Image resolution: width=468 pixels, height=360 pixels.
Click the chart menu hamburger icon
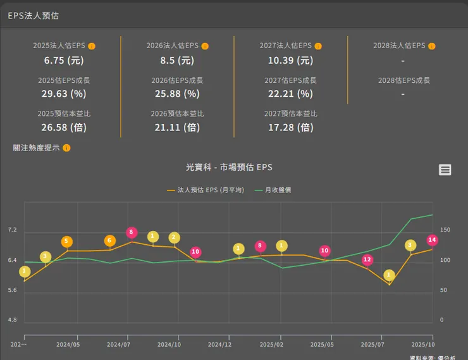point(445,170)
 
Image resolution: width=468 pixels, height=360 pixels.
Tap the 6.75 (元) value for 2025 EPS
point(64,61)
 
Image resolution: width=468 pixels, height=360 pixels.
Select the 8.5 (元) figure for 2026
point(177,61)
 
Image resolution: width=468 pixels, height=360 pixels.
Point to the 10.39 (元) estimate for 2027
point(290,61)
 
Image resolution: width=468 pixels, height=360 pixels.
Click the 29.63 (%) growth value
point(64,94)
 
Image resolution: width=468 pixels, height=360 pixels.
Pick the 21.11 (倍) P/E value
point(177,127)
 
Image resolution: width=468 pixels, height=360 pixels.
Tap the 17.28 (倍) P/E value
point(290,127)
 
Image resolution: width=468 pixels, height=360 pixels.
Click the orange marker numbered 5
point(66,242)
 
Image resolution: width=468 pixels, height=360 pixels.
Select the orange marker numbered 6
point(110,241)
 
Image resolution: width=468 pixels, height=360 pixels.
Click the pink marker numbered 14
point(432,240)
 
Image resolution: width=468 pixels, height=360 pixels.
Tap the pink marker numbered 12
point(367,260)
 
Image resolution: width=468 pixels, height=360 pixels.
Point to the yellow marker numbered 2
point(175,238)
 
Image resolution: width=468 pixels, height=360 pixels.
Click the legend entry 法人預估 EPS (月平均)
point(205,190)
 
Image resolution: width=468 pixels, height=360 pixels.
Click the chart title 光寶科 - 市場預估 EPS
point(229,168)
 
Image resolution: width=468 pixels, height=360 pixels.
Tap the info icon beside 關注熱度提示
point(66,148)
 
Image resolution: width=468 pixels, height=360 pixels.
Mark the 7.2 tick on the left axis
point(12,230)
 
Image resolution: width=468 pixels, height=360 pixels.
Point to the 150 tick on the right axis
point(445,230)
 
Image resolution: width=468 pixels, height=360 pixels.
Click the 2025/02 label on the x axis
point(271,345)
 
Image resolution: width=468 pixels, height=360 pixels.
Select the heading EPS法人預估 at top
point(34,16)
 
